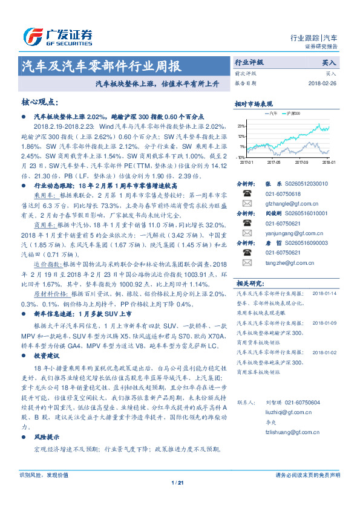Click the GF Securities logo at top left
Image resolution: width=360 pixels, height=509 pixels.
pos(57,37)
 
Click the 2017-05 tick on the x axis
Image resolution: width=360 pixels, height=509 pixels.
pos(273,162)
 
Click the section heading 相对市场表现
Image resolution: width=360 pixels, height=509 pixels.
pos(254,103)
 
